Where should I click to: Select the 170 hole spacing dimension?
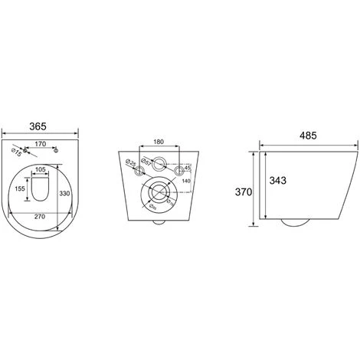coord(41,143)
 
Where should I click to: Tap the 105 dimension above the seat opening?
coord(41,170)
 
